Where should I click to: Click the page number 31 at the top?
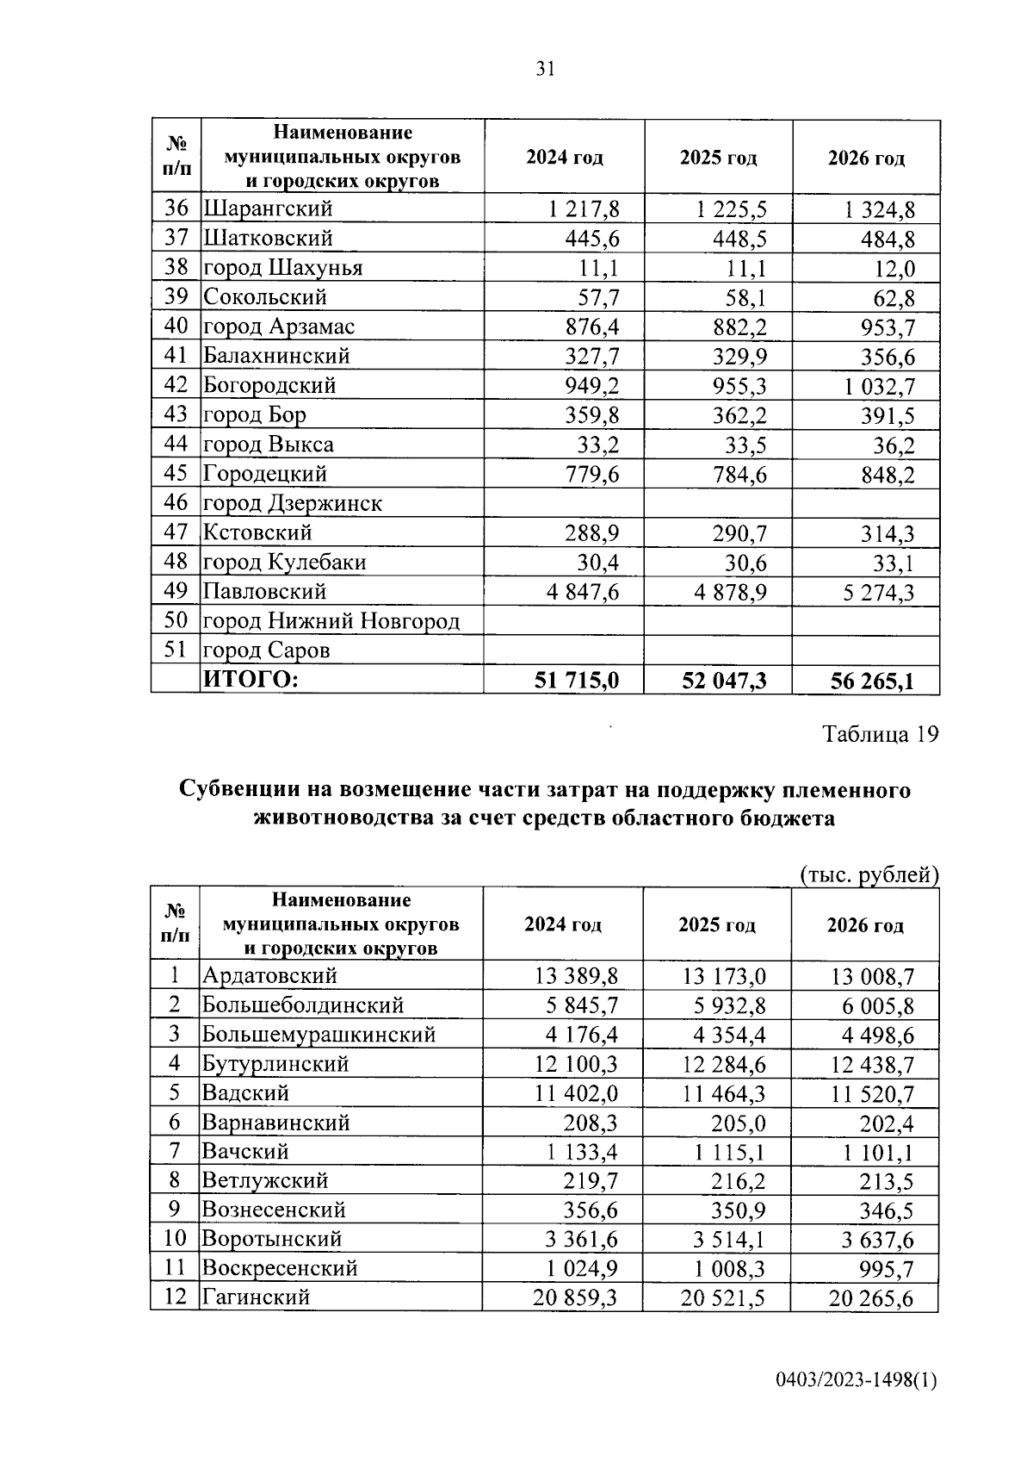pyautogui.click(x=545, y=70)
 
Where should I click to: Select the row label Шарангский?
pyautogui.click(x=268, y=208)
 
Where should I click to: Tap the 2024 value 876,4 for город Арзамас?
pyautogui.click(x=591, y=327)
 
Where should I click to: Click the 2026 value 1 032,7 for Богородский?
pyautogui.click(x=879, y=386)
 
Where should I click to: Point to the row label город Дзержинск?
pyautogui.click(x=293, y=503)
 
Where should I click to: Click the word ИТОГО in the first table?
pyautogui.click(x=250, y=680)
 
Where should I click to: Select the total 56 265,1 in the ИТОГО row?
pyautogui.click(x=872, y=681)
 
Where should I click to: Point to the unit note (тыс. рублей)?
pyautogui.click(x=869, y=875)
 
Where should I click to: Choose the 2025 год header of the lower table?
pyautogui.click(x=716, y=925)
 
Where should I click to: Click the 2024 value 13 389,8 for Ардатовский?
pyautogui.click(x=576, y=976)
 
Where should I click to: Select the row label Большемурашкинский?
pyautogui.click(x=319, y=1035)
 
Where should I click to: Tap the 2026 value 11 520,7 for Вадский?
pyautogui.click(x=872, y=1094)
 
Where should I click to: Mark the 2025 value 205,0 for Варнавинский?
pyautogui.click(x=738, y=1123)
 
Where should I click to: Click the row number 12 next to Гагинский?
pyautogui.click(x=175, y=1297)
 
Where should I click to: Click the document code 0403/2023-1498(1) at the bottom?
pyautogui.click(x=856, y=1380)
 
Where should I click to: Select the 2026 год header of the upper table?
pyautogui.click(x=866, y=159)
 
